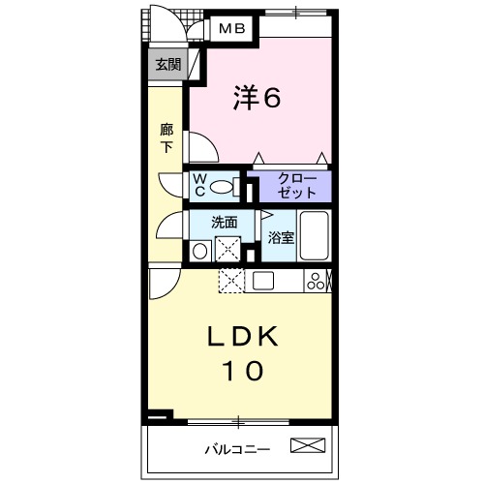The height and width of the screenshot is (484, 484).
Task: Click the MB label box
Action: tap(230, 29)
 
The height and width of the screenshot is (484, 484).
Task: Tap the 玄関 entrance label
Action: tap(167, 66)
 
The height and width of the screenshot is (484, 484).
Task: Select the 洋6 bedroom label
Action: tap(257, 98)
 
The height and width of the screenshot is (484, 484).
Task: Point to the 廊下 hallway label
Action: tap(166, 136)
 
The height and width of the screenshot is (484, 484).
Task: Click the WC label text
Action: tap(198, 184)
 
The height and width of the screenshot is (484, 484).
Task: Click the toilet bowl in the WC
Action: tap(223, 186)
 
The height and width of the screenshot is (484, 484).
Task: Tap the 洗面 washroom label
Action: tap(225, 221)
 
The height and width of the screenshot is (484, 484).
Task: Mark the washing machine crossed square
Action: tap(229, 249)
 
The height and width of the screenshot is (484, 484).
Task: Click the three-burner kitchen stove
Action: tap(317, 281)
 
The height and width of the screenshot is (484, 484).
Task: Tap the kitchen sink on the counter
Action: tap(264, 281)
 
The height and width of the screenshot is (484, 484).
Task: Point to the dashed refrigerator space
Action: tap(232, 281)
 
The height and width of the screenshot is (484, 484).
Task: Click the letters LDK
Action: tap(245, 336)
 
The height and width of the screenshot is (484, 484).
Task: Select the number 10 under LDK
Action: tap(244, 372)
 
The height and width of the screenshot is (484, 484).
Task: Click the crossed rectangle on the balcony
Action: tap(309, 446)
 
